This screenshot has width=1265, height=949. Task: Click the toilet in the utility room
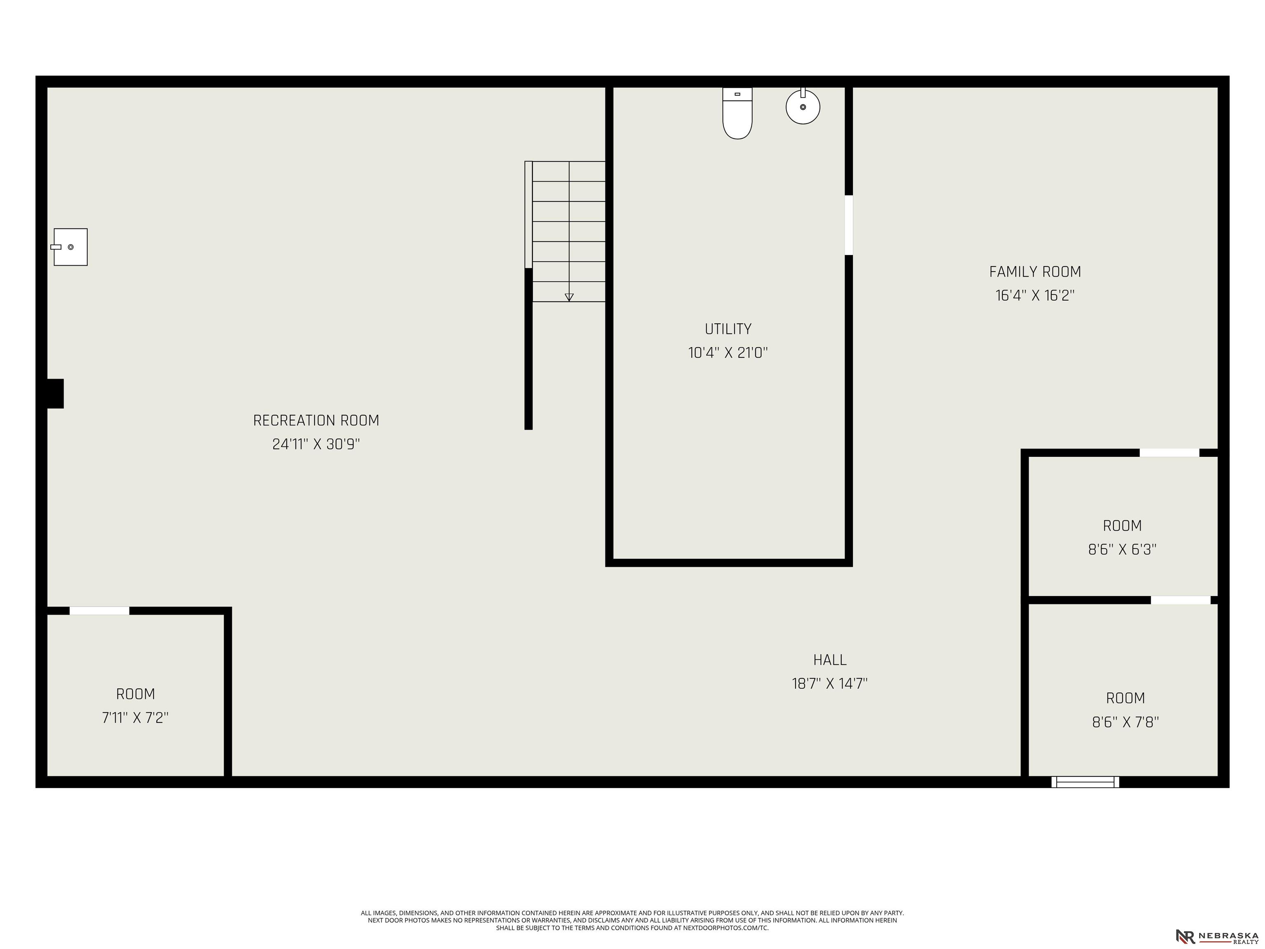pos(737,113)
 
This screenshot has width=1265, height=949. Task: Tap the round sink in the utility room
pos(803,106)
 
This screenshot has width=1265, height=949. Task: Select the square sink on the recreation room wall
pos(70,247)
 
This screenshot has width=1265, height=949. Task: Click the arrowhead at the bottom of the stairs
pos(569,297)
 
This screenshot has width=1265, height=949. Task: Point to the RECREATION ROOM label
pos(316,421)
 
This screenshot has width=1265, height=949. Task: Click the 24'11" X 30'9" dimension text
pos(316,444)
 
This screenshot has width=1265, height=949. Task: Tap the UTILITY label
pos(728,329)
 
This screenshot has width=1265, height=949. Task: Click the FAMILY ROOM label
pos(1035,272)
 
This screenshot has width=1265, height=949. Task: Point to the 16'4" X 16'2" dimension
pos(1035,296)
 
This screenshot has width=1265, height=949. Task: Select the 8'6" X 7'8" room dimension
pos(1125,722)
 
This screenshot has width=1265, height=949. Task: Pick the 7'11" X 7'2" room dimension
pos(135,718)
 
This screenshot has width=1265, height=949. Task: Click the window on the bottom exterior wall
pos(1085,782)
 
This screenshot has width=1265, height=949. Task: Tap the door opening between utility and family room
pos(849,225)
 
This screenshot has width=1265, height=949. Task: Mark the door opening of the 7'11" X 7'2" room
pos(100,611)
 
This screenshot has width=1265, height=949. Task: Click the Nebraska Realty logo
pos(1217,936)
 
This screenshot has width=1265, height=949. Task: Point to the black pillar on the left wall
pos(55,393)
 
